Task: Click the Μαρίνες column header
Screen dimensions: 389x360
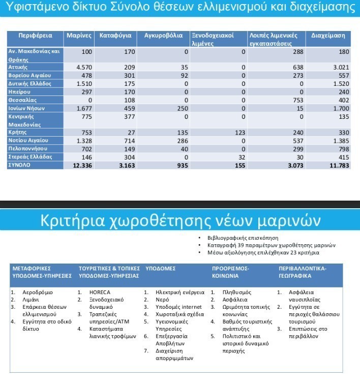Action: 79,36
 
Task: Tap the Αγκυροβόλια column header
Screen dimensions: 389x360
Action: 163,36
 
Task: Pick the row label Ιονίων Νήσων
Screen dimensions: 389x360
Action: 27,108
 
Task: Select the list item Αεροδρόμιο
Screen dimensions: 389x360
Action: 38,293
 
